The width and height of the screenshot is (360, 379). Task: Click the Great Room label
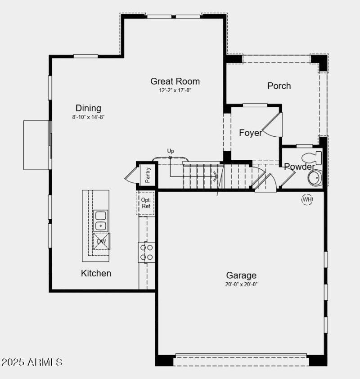point(175,81)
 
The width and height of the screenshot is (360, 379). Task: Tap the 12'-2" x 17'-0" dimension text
point(175,90)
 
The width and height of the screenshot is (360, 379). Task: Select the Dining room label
point(88,108)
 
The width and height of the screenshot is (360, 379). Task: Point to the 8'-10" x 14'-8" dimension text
point(88,117)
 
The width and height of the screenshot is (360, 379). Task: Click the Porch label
point(279,86)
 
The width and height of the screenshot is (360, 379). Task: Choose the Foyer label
point(250,133)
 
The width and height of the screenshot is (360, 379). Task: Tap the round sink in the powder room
point(315,177)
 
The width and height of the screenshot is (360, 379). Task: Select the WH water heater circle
point(307,199)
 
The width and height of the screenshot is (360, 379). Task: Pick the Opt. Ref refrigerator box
point(146,203)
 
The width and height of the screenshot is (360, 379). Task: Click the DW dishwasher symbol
point(101,241)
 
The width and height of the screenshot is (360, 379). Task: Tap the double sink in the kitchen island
point(101,221)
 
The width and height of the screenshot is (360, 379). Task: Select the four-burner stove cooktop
point(146,252)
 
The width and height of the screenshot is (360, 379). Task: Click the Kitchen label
point(96,273)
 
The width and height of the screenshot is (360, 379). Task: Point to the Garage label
point(241,275)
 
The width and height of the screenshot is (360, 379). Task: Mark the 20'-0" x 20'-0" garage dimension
point(241,284)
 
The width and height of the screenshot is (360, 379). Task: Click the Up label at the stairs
point(171,151)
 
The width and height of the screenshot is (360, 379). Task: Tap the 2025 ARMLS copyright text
point(31,362)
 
